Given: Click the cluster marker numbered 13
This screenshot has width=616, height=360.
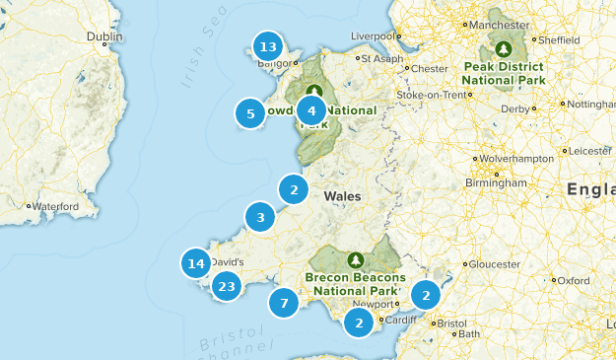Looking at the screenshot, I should [x=266, y=46].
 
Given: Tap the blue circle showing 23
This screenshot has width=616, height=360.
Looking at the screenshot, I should [x=228, y=287].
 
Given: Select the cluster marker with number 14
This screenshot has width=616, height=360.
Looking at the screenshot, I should [x=196, y=263].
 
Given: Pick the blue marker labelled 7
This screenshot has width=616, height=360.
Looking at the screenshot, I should [x=284, y=303].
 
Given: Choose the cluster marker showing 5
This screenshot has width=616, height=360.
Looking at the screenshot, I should [x=250, y=113].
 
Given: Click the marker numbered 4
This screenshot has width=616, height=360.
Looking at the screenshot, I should [x=311, y=110].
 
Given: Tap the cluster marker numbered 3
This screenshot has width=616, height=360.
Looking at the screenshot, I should [x=260, y=218].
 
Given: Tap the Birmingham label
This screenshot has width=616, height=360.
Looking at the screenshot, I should [x=498, y=182].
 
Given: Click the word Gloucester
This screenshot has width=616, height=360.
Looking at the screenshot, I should [x=494, y=264].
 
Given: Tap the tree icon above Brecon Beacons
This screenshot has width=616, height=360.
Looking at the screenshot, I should [x=355, y=259].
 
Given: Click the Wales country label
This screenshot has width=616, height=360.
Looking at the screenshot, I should [x=341, y=196].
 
